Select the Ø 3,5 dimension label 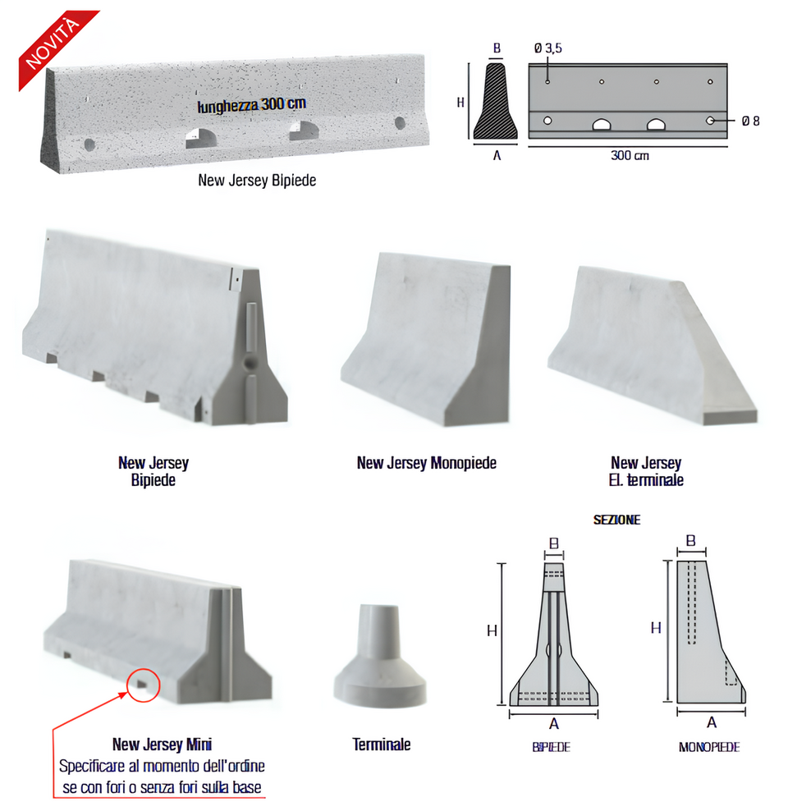click(547, 48)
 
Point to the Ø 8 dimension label click(750, 121)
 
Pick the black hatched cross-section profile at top click(497, 102)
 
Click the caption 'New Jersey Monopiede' click(426, 463)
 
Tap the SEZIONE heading click(616, 520)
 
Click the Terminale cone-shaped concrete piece click(380, 663)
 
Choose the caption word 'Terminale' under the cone click(382, 745)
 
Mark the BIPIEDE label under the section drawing click(551, 747)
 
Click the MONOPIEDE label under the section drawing click(708, 747)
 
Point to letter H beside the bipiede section click(492, 630)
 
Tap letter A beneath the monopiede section click(711, 722)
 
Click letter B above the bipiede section click(554, 543)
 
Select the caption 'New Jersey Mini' click(162, 745)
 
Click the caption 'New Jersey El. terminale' click(646, 471)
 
